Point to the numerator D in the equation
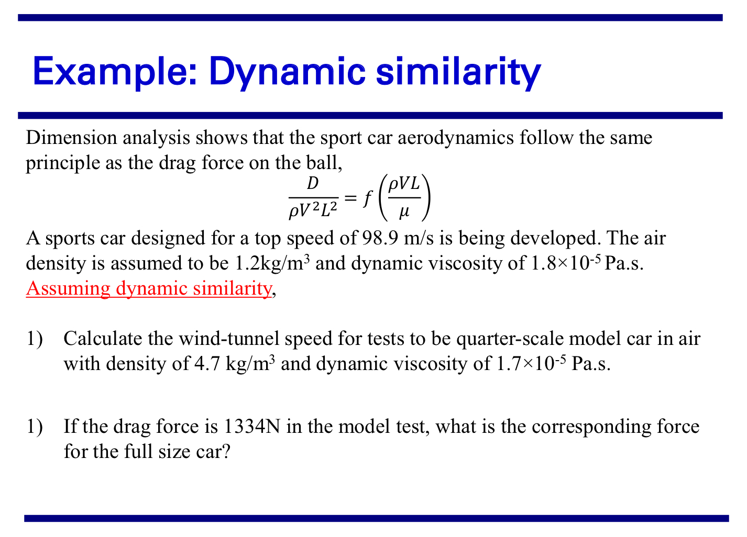pyautogui.click(x=312, y=184)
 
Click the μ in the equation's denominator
pyautogui.click(x=404, y=211)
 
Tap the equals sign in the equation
pyautogui.click(x=351, y=198)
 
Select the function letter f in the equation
pyautogui.click(x=368, y=198)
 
